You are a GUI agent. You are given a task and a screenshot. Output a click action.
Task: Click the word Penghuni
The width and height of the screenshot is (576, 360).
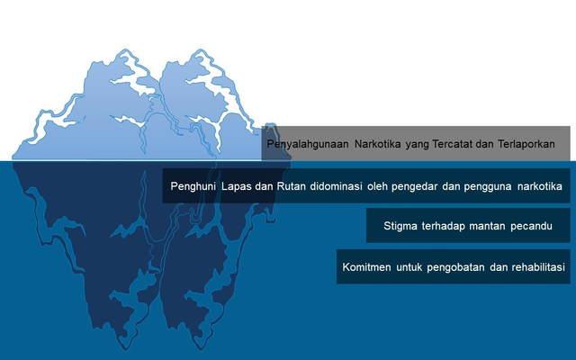(193, 186)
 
